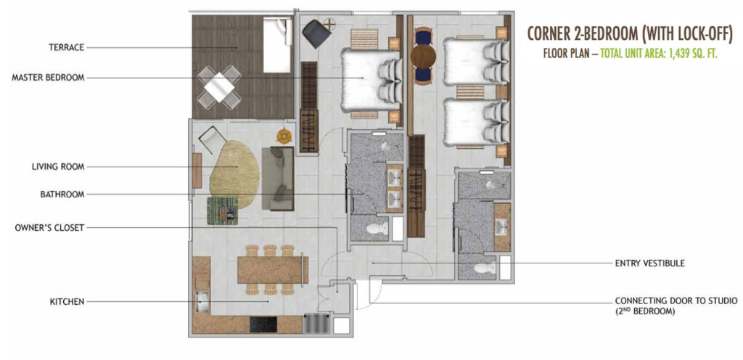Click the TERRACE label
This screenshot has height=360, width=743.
coord(66,47)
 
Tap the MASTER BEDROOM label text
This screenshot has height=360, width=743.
coord(49,78)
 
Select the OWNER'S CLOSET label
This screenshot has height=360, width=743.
coord(50,228)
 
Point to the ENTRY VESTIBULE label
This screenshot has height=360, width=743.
coord(649,263)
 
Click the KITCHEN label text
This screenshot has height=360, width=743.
coord(67,302)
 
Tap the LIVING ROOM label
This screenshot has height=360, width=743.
coord(58,167)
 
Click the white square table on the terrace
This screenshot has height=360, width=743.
coord(219,87)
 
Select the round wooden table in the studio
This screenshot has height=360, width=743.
coord(423,57)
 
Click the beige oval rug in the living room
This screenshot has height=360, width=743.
coord(234,174)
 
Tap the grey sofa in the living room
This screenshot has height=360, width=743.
coord(278,178)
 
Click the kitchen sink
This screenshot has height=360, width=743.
coord(202,303)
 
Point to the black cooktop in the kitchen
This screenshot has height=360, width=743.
coord(263,324)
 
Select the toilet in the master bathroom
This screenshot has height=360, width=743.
coord(377,229)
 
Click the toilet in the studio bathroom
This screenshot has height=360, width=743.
coord(484,269)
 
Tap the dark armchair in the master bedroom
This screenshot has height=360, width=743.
coord(317,33)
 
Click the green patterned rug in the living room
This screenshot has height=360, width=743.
coord(222,210)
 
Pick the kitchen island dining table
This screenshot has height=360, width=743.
coord(273,269)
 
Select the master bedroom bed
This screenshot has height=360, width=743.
coord(371,80)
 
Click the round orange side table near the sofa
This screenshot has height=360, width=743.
coord(284,136)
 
